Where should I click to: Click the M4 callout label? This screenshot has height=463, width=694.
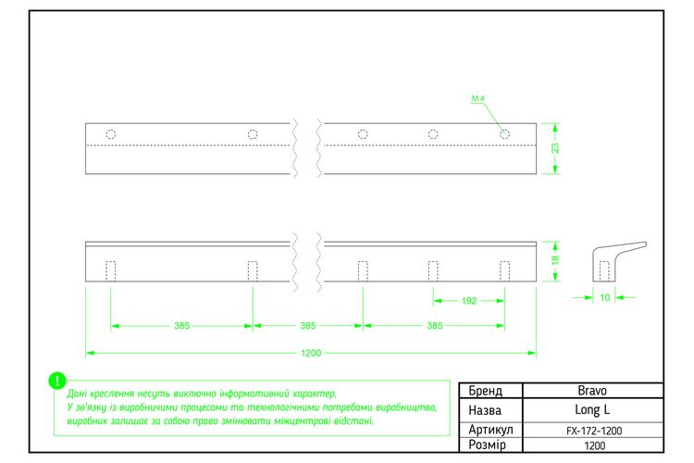477,98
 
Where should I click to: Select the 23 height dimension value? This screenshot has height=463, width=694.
555,148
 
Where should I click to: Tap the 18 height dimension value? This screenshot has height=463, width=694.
555,259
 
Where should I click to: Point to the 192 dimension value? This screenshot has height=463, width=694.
469,301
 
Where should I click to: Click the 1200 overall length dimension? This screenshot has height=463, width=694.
311,353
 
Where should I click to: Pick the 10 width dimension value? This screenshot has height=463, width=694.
604,297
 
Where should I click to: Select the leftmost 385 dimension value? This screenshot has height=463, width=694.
182,326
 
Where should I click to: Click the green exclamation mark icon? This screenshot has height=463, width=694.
57,381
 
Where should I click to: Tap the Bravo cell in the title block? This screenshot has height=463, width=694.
592,391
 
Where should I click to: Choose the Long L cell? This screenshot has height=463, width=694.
592,410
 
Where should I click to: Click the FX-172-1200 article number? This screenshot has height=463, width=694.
594,431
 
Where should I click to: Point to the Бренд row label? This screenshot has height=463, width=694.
486,391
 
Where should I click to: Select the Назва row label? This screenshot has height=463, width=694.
485,410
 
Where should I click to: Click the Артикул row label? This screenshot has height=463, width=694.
490,430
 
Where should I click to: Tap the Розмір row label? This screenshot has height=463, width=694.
487,444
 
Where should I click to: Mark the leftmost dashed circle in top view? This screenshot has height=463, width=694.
111,134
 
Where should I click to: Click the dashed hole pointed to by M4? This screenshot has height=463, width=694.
504,133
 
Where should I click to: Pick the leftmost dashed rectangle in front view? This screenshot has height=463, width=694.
111,271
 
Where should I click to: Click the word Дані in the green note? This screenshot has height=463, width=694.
77,394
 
